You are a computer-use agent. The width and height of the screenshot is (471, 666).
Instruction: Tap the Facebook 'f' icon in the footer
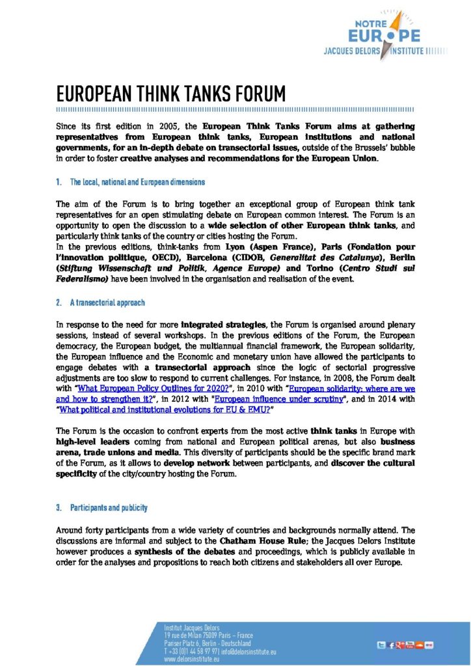coord(391,645)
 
